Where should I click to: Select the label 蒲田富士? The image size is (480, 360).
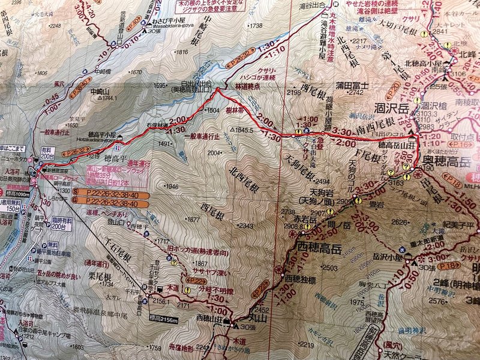coord(351,85)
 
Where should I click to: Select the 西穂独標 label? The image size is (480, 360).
coord(300,278)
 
